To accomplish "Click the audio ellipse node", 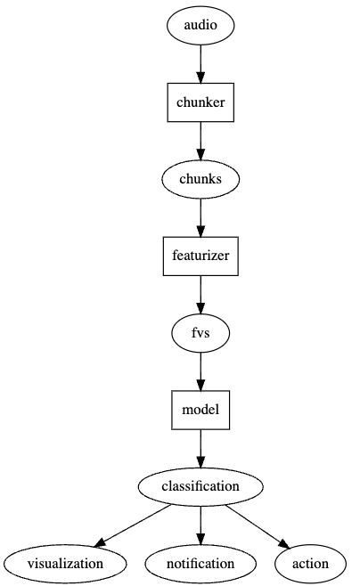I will point(200,26).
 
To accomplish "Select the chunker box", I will point(200,102).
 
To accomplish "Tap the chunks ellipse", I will point(200,179).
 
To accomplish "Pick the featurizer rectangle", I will point(200,256).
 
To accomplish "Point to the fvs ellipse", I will point(200,333).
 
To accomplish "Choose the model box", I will point(200,410).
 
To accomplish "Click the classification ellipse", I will point(200,486).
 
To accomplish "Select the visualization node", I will point(65,563).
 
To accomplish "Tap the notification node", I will point(200,563).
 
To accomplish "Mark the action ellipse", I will point(309,563).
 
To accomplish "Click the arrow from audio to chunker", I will point(200,63).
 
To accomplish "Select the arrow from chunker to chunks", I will point(200,140).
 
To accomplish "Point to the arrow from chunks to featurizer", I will point(200,216).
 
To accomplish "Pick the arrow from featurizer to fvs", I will point(200,294).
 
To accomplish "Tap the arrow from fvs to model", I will point(200,370).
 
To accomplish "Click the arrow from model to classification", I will point(200,447).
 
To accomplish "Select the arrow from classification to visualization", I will point(134,525).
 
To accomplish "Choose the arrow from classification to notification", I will point(200,525).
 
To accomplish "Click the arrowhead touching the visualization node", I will point(102,542).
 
